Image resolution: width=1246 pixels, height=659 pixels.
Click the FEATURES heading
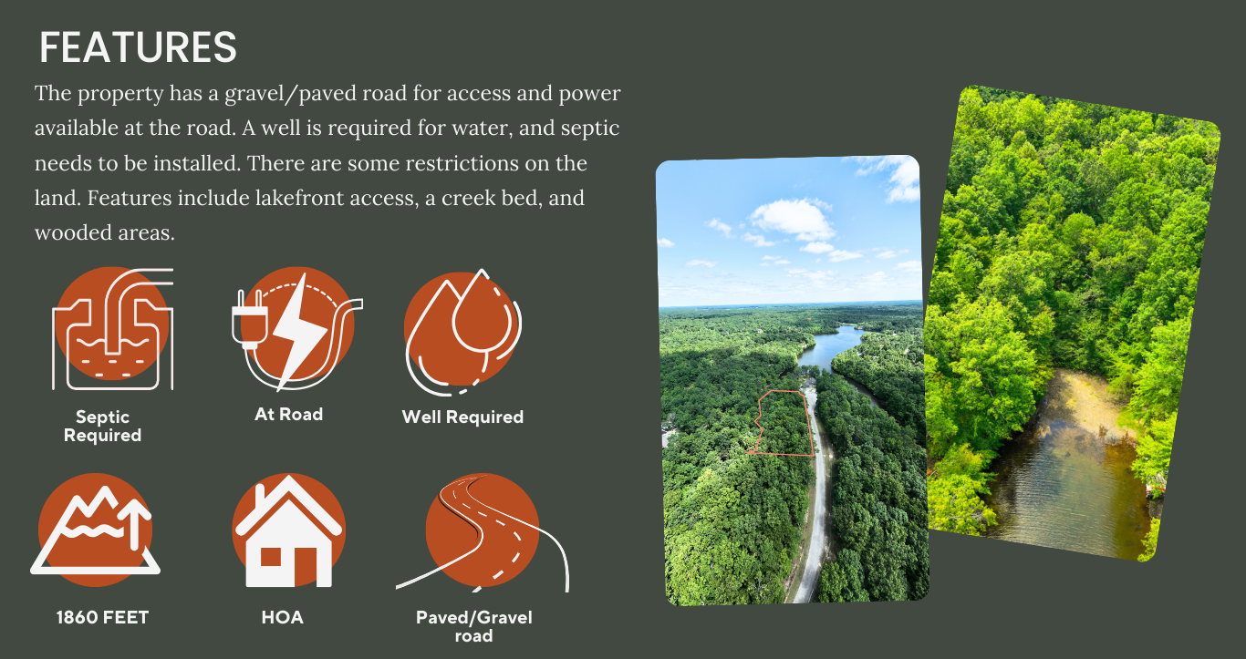[138, 47]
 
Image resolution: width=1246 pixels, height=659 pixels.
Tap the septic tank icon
[112, 329]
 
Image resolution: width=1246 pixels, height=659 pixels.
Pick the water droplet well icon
[462, 333]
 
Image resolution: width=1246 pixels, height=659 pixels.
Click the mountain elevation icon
[95, 530]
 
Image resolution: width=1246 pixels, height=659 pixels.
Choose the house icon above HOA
[288, 530]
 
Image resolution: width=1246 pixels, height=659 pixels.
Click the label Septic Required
[102, 427]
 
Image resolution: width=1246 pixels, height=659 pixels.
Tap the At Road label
[288, 415]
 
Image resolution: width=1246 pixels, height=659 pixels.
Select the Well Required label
[462, 417]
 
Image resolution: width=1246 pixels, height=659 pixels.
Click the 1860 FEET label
[102, 617]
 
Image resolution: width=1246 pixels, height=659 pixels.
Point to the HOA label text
[283, 617]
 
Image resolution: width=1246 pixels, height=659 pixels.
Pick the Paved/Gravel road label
[474, 626]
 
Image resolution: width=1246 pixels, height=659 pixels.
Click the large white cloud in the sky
[793, 219]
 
